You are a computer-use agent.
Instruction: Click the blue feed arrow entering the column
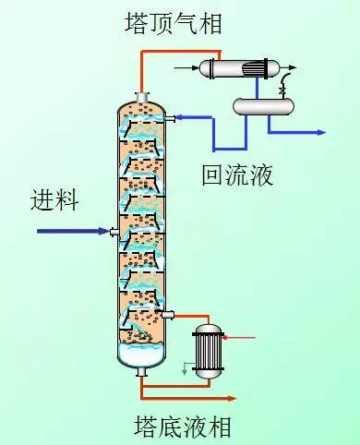[74, 231]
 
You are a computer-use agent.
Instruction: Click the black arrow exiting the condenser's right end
[301, 67]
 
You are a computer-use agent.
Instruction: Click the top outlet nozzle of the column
[140, 98]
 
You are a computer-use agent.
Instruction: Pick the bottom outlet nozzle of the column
[140, 372]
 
